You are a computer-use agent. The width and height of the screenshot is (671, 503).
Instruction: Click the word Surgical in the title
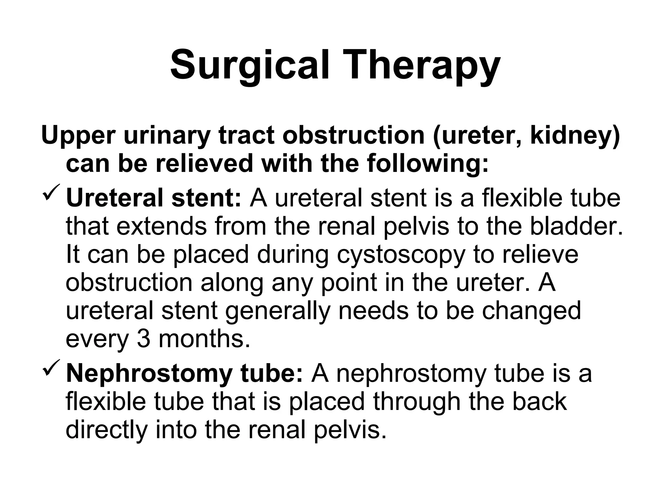pos(249,65)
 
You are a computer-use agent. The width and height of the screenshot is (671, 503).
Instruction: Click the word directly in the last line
pos(106,430)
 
